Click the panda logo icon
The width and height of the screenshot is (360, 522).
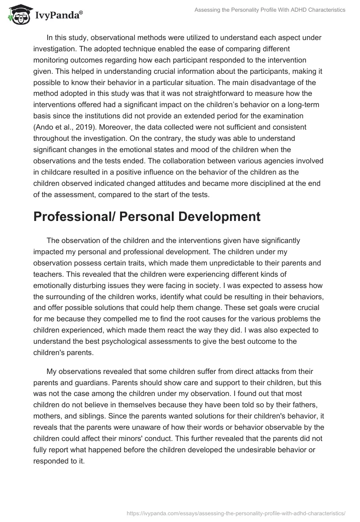click(18, 15)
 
